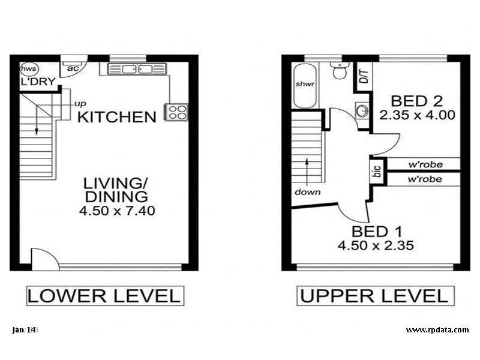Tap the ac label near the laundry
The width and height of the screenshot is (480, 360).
pyautogui.click(x=73, y=68)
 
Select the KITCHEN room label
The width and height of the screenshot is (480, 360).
pyautogui.click(x=117, y=116)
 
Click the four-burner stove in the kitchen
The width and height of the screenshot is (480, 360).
pyautogui.click(x=177, y=112)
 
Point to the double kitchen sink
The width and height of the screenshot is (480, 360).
pyautogui.click(x=136, y=70)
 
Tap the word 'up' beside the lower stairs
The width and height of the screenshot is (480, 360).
pyautogui.click(x=79, y=103)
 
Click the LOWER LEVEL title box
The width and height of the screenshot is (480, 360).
pyautogui.click(x=104, y=296)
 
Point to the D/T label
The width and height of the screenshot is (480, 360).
pyautogui.click(x=362, y=77)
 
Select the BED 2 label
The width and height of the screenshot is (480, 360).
pyautogui.click(x=416, y=100)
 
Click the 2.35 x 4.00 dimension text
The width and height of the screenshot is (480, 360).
pyautogui.click(x=417, y=114)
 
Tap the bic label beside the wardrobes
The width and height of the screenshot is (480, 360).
pyautogui.click(x=377, y=172)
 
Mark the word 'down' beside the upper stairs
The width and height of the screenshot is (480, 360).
pyautogui.click(x=307, y=193)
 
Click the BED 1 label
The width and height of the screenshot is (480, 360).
pyautogui.click(x=377, y=231)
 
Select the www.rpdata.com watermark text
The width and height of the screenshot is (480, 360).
pyautogui.click(x=437, y=329)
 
